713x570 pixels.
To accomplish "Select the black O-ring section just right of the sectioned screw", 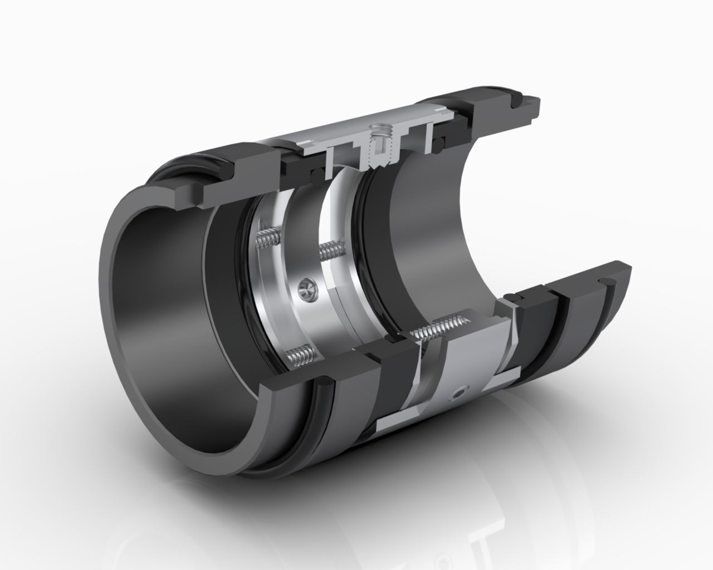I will (x=442, y=135).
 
